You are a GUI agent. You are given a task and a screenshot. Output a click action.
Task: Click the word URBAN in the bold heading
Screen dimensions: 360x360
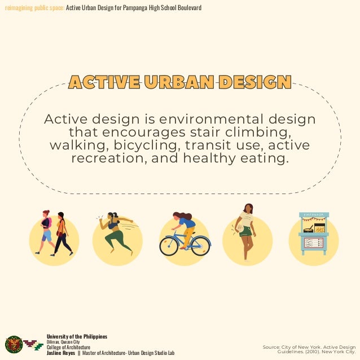(x=179, y=82)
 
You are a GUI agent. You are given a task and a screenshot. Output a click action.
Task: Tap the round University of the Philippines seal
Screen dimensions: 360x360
(x=13, y=344)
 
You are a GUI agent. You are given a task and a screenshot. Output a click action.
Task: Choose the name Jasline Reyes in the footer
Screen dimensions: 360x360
(x=60, y=353)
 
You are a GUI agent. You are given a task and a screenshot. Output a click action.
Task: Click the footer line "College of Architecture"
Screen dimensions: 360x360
(x=68, y=348)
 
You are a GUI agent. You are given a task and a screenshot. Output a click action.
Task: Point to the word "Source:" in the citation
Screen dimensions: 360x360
(x=273, y=347)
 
